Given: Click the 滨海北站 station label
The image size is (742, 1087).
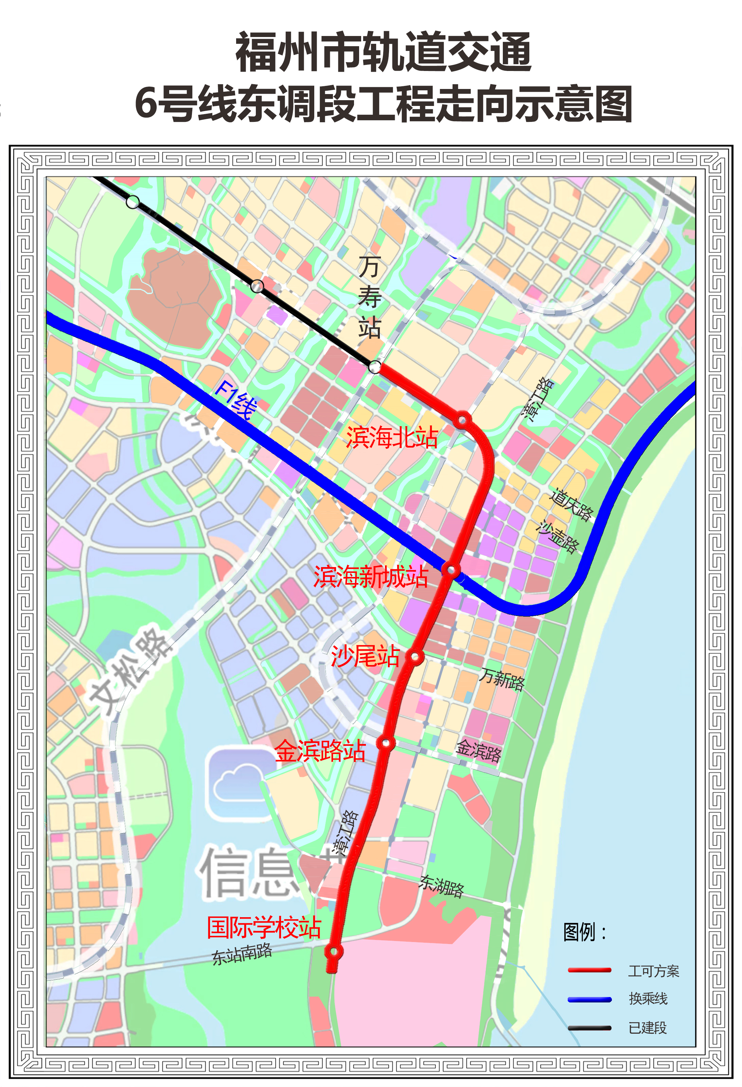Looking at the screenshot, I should coord(392,437).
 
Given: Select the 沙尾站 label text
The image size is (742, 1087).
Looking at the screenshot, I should coord(365,656).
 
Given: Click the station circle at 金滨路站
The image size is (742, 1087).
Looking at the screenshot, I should coord(386,743).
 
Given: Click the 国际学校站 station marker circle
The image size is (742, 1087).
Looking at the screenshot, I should coord(334,951).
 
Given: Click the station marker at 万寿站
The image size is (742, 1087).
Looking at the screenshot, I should coord(375,367).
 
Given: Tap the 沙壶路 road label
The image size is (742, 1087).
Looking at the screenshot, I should coord(558,537).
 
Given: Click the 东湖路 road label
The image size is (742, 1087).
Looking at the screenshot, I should coord(442,885).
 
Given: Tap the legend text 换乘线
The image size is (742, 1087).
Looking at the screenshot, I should coord(648,999).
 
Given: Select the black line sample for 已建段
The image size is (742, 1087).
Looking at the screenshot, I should coord(589,1028).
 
